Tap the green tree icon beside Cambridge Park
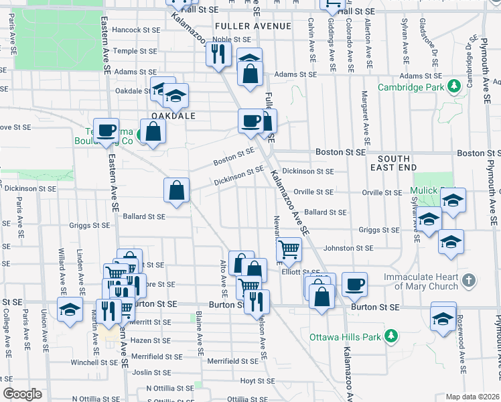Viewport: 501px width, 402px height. pos(454,86)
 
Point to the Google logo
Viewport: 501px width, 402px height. pos(23,394)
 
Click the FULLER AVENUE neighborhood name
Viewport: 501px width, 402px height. pos(253,26)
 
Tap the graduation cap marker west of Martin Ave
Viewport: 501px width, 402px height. pos(69,310)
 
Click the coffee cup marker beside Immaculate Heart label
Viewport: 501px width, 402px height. pos(354,283)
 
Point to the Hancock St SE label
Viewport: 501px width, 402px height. pos(137,30)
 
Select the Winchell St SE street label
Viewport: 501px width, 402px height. pos(94,363)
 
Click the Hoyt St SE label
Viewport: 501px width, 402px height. pos(253,381)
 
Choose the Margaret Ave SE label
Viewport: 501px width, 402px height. pos(365,118)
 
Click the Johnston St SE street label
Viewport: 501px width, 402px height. pos(348,249)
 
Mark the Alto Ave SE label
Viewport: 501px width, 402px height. pos(224,280)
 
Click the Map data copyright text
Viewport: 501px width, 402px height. pos(472,397)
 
